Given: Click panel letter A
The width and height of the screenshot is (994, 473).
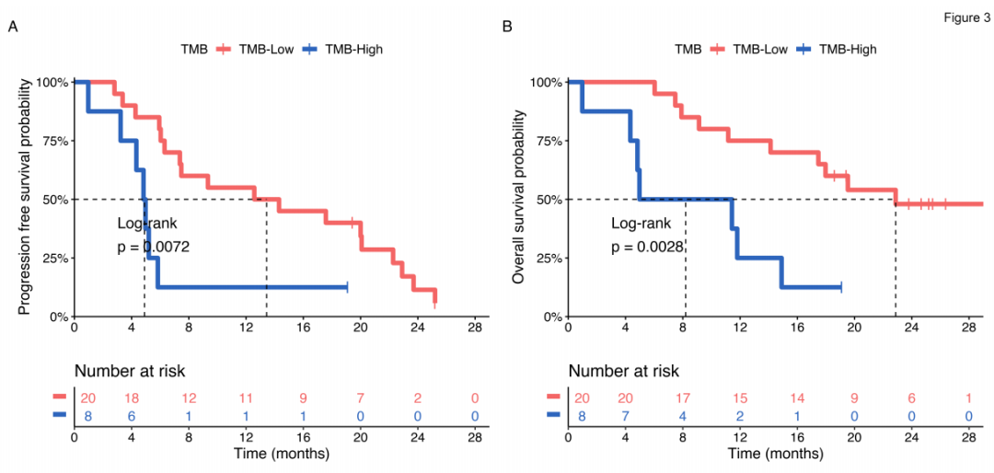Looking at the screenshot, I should [x=13, y=27].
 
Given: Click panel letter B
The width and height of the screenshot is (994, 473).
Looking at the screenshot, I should [x=507, y=27].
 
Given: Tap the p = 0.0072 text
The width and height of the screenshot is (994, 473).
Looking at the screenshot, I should [x=154, y=247].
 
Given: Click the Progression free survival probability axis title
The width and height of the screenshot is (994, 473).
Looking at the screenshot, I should [x=25, y=198].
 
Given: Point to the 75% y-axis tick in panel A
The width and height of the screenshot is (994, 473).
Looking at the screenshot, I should [x=52, y=140].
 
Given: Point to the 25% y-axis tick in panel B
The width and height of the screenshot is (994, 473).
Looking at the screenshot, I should [x=546, y=258].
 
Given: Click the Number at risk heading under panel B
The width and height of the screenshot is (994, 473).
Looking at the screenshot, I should [x=623, y=372].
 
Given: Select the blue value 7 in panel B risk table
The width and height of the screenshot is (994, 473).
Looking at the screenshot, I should [x=626, y=416].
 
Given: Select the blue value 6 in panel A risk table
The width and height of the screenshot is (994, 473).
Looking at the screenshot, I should [x=132, y=416].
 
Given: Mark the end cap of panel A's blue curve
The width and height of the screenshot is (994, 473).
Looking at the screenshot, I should [x=347, y=287].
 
